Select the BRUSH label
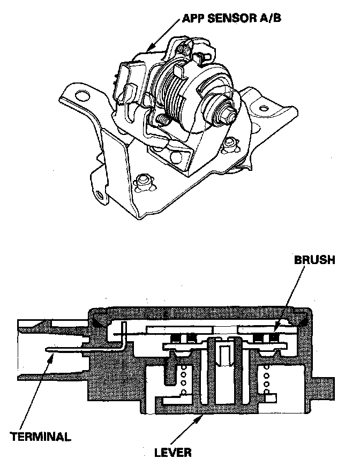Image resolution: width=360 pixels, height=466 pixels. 314,260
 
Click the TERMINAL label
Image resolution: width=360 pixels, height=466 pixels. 40,436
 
